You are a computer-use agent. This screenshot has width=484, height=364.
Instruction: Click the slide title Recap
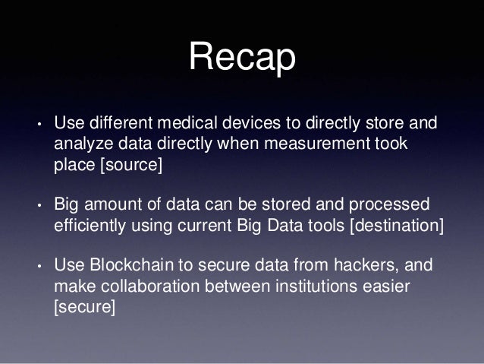click(242, 59)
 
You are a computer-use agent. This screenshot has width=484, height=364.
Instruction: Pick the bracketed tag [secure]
click(83, 309)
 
